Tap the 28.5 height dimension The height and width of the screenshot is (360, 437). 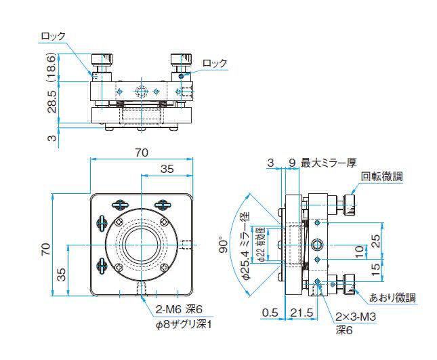(x=52, y=101)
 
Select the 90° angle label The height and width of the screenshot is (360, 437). (x=223, y=245)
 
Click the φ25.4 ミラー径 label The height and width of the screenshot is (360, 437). (x=246, y=245)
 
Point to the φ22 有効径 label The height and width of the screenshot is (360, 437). (x=262, y=244)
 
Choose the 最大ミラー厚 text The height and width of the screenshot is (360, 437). (x=329, y=163)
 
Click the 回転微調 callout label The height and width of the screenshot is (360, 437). (x=382, y=176)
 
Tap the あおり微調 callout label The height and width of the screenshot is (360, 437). (x=392, y=298)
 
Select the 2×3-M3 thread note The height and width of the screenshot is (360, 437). (x=356, y=317)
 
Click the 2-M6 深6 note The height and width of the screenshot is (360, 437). (x=179, y=309)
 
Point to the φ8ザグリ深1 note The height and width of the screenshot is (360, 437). (x=184, y=325)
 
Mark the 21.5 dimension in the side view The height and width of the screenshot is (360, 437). (x=301, y=313)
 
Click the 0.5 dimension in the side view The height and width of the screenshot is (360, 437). (x=270, y=313)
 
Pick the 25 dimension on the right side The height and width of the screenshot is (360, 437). (x=376, y=241)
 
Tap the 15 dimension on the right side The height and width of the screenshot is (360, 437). (x=376, y=270)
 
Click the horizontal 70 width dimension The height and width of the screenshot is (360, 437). (x=142, y=153)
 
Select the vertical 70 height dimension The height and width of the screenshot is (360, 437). (x=46, y=249)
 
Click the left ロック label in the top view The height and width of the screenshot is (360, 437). (x=53, y=36)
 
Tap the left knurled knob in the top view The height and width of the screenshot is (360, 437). (x=102, y=59)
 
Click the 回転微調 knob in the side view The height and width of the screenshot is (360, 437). (x=350, y=205)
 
